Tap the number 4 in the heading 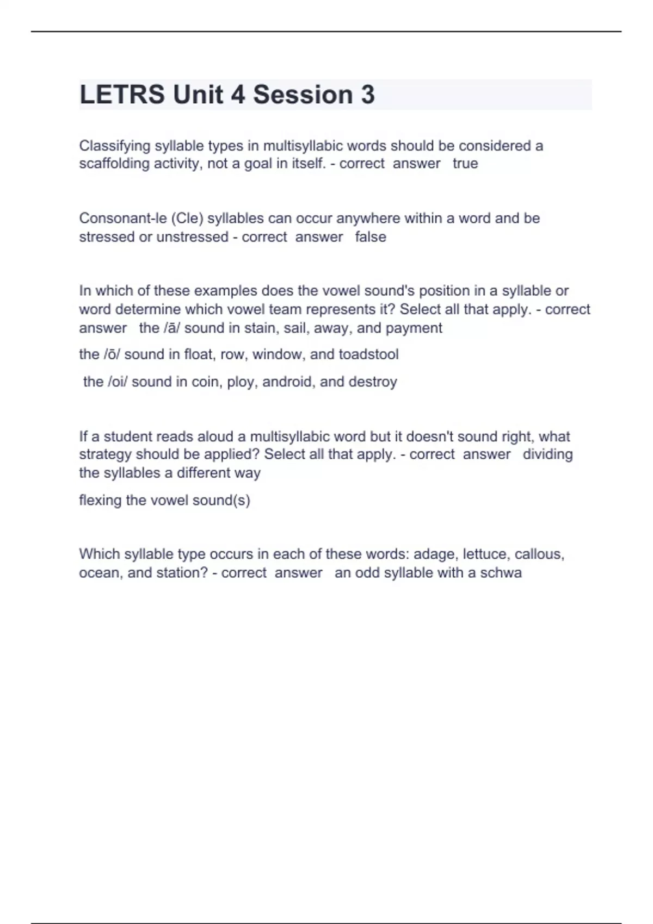(x=237, y=95)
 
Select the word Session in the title (x=303, y=95)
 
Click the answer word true (x=465, y=164)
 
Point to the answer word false (x=371, y=237)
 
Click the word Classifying (x=115, y=146)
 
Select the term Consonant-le (x=123, y=218)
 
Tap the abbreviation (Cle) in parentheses (x=187, y=218)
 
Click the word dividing (x=547, y=454)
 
